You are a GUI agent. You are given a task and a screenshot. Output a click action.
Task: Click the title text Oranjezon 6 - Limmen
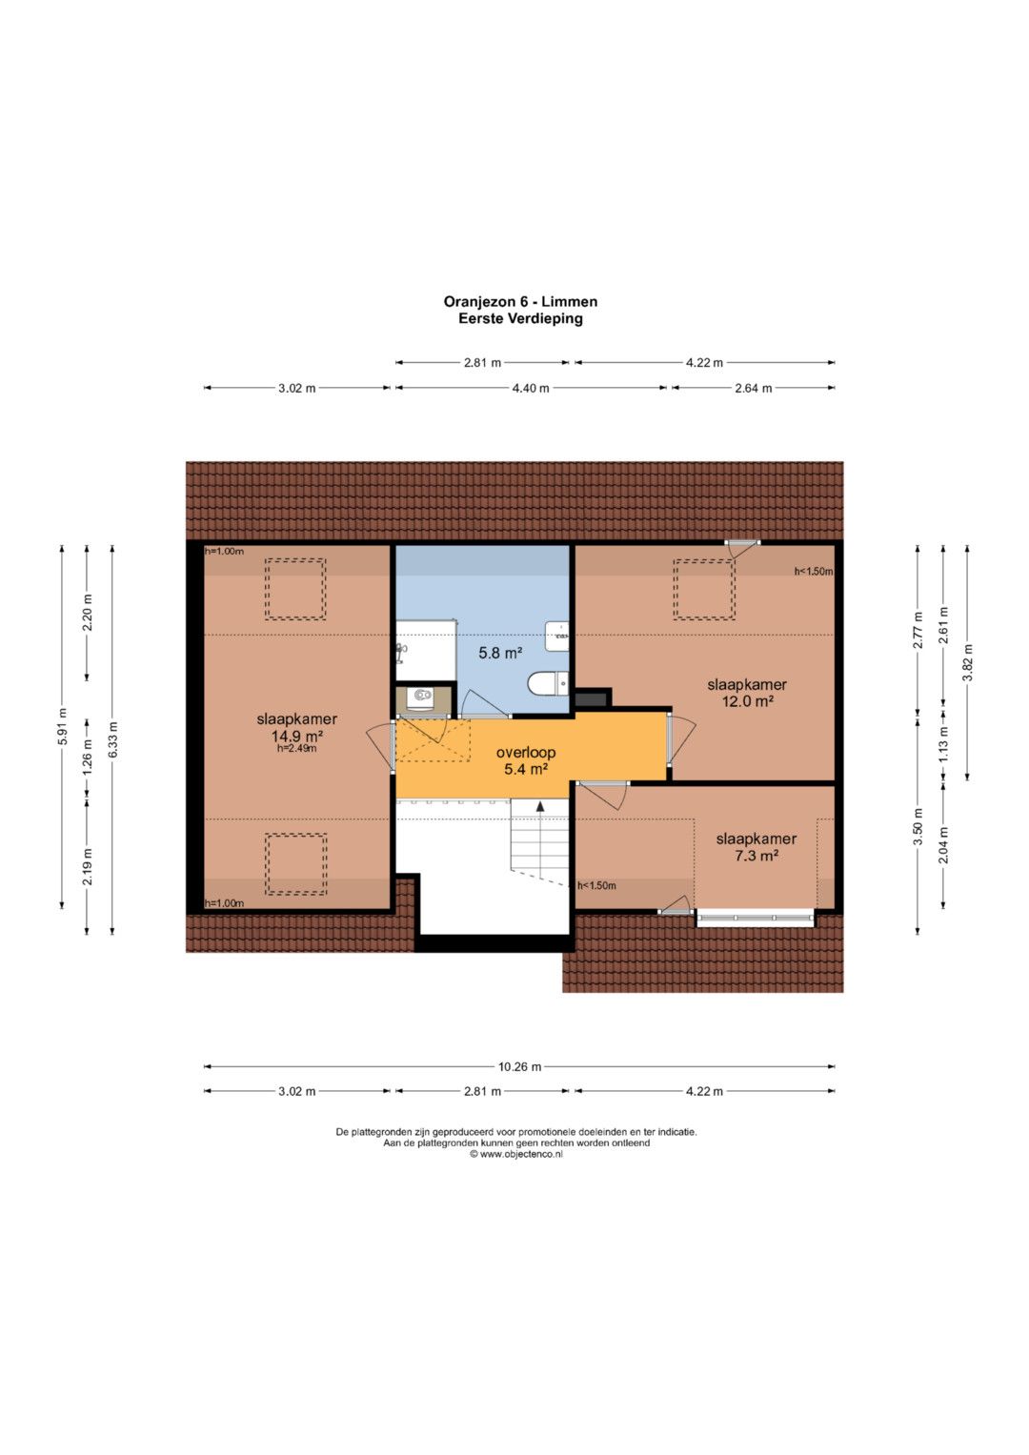520,302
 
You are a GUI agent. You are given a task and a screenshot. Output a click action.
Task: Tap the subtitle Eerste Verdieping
520,319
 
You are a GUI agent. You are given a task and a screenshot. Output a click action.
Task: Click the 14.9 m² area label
297,736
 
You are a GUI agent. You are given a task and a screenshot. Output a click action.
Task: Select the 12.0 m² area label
748,701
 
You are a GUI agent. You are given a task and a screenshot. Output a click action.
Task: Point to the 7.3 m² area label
757,856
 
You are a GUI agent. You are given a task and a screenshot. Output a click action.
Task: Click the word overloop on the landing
526,753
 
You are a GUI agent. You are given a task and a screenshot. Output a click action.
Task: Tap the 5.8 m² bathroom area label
500,653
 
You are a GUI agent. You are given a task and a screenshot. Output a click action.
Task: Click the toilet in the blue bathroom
549,684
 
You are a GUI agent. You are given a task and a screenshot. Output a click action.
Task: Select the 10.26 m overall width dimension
519,1066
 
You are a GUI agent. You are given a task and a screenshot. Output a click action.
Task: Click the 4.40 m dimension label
531,389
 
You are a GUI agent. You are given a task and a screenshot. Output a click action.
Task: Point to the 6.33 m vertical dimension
112,739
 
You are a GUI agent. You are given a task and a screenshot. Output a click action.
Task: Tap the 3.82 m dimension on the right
967,662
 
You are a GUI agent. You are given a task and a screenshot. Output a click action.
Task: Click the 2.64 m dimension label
754,389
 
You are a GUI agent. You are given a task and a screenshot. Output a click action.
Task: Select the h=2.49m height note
297,748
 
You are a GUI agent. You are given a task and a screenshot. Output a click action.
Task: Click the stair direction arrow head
540,806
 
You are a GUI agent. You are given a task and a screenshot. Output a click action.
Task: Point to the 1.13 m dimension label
944,739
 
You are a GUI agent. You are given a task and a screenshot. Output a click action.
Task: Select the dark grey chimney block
593,698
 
